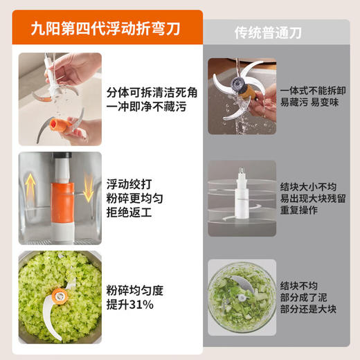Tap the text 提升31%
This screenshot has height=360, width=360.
(130, 304)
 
